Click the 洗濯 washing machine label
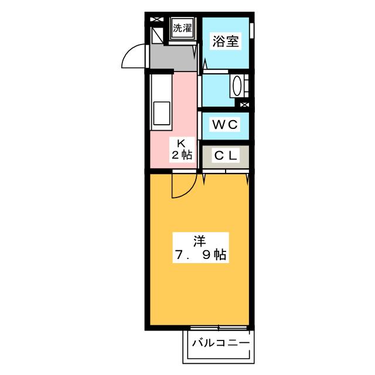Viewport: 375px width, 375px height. (182, 27)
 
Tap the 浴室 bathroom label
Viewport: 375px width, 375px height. (226, 43)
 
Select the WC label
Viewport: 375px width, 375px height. (224, 124)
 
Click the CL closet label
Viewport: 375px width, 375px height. (224, 156)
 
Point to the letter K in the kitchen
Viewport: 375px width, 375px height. (182, 143)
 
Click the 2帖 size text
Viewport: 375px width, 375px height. (182, 155)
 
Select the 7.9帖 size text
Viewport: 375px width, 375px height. (200, 255)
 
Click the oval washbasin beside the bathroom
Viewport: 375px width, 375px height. (237, 86)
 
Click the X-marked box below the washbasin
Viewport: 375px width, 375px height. (244, 104)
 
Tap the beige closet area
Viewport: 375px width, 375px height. (224, 156)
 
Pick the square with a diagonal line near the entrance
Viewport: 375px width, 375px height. (156, 36)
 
